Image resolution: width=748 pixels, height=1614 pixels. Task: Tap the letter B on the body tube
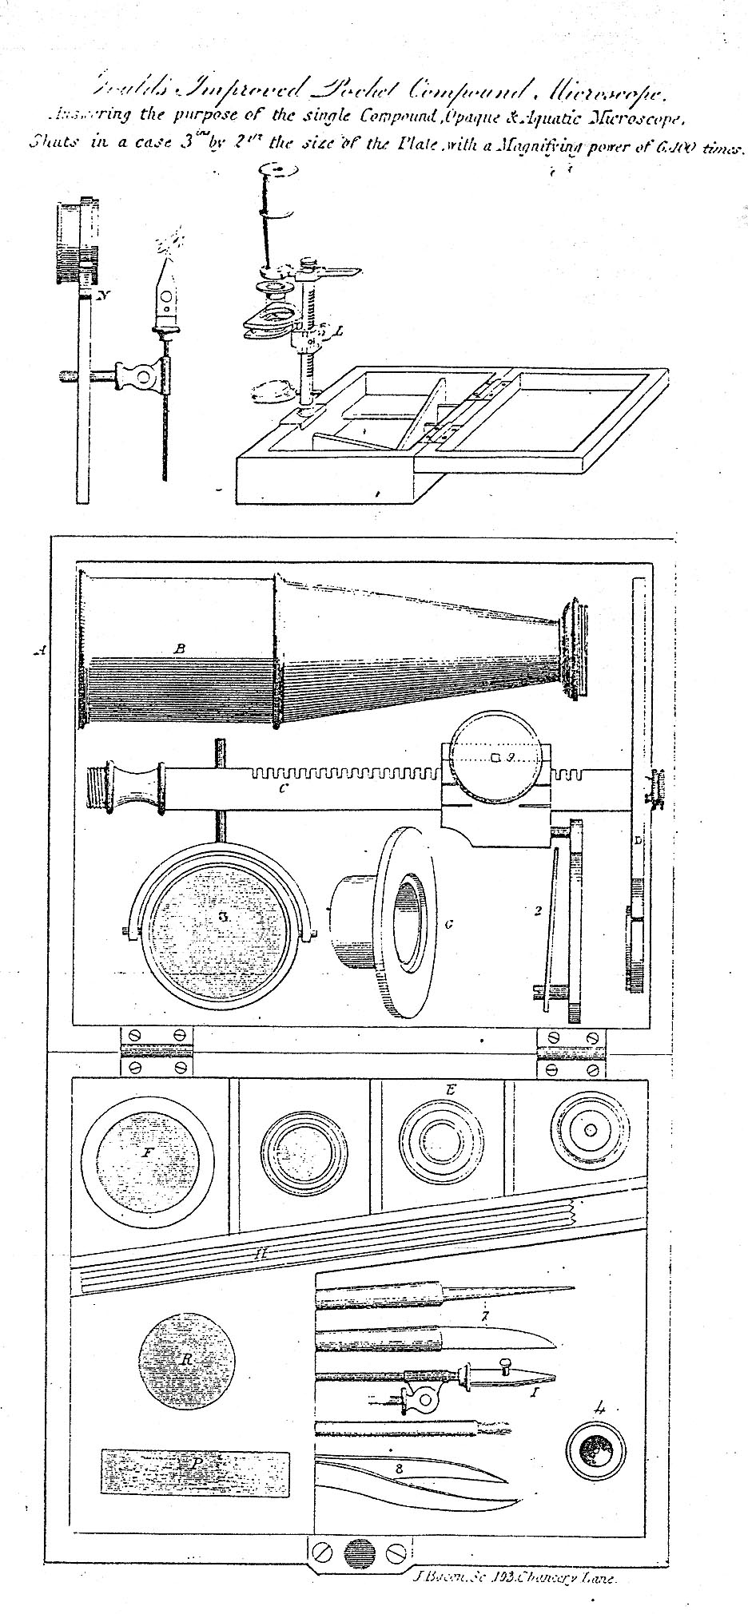[180, 649]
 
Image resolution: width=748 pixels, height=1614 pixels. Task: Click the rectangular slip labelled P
[195, 1462]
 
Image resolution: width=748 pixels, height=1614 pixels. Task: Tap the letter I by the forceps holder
[535, 1392]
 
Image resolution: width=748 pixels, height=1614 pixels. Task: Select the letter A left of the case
[38, 652]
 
